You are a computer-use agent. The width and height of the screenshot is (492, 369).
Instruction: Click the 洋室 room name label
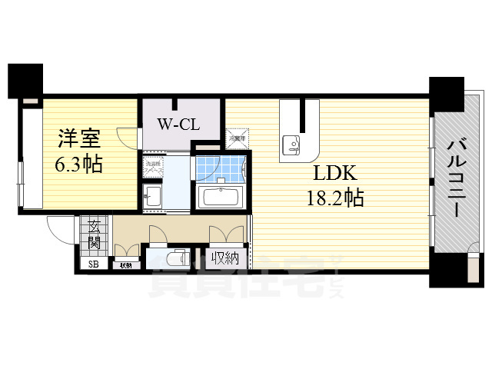tap(79, 138)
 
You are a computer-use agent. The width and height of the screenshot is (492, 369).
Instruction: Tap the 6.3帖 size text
tap(79, 163)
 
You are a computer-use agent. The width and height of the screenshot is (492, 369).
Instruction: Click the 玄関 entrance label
tap(94, 234)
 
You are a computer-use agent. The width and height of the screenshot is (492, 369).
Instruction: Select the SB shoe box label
tap(94, 265)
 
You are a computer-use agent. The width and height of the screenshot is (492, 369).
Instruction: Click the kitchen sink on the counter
tap(293, 142)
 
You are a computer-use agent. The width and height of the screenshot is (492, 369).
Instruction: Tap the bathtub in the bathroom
tap(221, 195)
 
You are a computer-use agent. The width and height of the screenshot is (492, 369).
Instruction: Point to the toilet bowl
tap(176, 258)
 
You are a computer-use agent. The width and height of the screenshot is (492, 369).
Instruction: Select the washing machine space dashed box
tap(151, 165)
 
